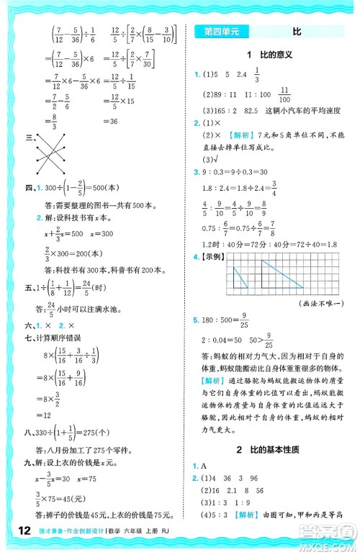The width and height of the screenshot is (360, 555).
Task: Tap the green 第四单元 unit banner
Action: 220,32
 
